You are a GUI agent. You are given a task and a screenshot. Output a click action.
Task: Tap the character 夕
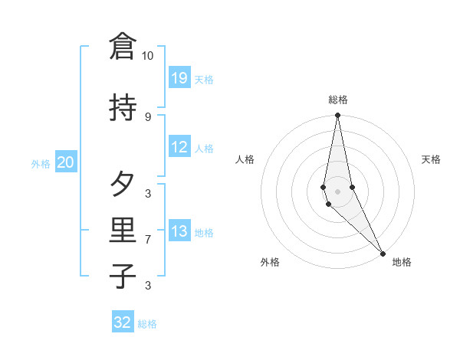[x=123, y=185]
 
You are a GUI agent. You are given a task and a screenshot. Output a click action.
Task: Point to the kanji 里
[x=123, y=231]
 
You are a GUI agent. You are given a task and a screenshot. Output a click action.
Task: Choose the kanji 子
[x=123, y=277]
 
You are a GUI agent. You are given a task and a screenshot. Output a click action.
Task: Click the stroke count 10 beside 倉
[x=148, y=56]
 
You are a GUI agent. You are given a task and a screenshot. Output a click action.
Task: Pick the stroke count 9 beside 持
[x=148, y=116]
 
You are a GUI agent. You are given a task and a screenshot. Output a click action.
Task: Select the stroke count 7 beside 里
[x=148, y=240]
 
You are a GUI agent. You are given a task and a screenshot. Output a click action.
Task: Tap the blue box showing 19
[x=179, y=77]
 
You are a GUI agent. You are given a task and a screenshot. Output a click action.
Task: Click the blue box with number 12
[x=179, y=147]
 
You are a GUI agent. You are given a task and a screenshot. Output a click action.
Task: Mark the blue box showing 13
[x=179, y=231]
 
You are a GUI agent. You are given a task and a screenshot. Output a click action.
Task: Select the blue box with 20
[x=65, y=162]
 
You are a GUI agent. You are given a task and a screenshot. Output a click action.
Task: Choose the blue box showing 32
[x=123, y=322]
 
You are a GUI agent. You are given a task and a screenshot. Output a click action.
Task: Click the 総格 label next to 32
[x=148, y=324]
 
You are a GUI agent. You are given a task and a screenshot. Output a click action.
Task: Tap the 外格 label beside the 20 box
[x=41, y=164]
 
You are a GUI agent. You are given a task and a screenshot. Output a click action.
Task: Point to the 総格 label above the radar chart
[x=338, y=100]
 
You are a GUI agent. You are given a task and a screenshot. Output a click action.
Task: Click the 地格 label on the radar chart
[x=402, y=262]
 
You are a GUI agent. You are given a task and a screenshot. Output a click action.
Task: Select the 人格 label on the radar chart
[x=245, y=159]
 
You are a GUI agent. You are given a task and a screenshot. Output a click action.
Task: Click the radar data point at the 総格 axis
[x=337, y=116]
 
